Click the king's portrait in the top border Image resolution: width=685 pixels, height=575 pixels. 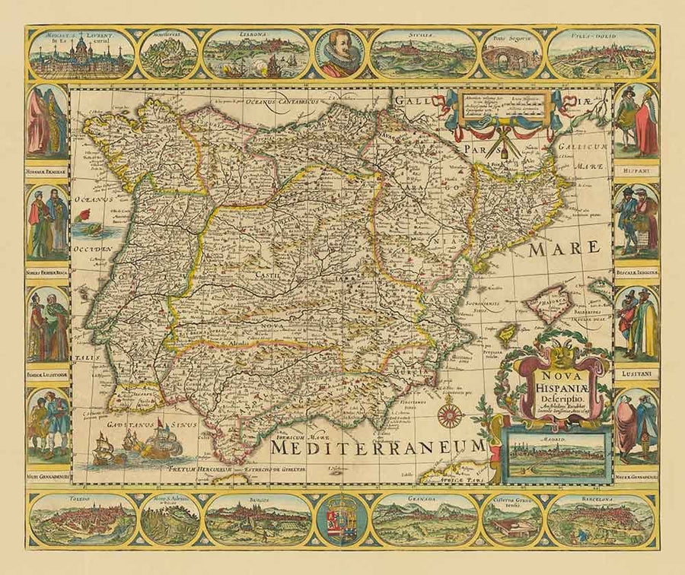(x=340, y=52)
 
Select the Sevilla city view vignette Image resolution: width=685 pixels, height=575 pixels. (x=425, y=55)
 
